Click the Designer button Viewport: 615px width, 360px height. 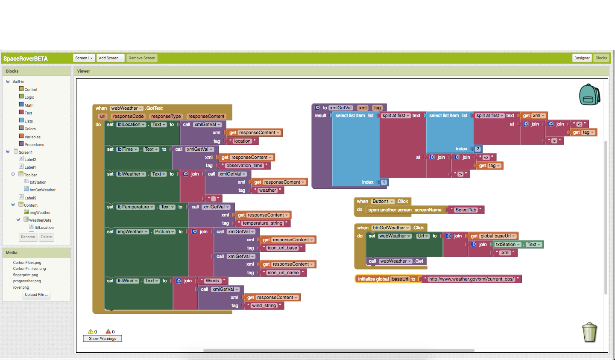[582, 58]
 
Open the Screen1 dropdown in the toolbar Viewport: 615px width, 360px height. [84, 58]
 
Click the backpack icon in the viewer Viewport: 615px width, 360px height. [589, 94]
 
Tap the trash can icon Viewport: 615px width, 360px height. [589, 332]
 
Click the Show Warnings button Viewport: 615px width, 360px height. [102, 338]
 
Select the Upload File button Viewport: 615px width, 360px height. [36, 295]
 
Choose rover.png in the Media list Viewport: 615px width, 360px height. [21, 287]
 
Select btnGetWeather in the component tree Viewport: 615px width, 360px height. [42, 190]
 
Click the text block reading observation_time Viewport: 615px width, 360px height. [244, 166]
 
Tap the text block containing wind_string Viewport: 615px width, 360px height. [264, 306]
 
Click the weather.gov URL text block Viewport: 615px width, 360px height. [471, 279]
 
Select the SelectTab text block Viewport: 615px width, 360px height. [466, 210]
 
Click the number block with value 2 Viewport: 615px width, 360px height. [477, 149]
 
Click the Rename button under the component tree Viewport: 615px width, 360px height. [28, 237]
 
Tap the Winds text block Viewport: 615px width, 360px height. [212, 281]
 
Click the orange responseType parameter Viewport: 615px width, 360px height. [166, 116]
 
